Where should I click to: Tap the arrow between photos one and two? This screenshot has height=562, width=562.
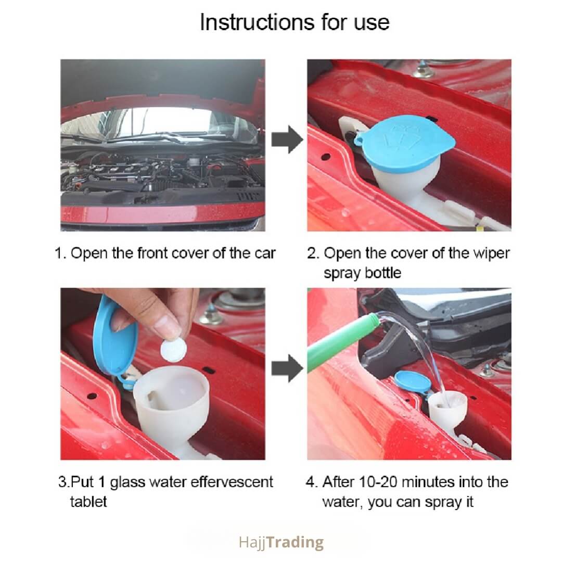287,139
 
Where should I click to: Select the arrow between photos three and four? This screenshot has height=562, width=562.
287,368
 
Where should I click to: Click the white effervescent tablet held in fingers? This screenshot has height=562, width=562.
173,349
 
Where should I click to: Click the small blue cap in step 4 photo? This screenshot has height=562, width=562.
412,383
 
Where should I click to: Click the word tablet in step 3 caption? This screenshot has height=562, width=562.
88,502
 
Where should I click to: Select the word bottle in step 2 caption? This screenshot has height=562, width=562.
383,273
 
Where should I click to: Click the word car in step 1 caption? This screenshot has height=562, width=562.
265,254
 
